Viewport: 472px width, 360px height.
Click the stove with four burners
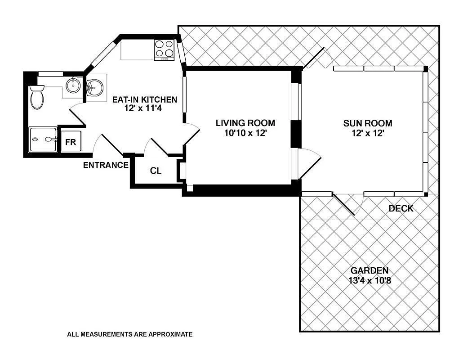[x=165, y=50]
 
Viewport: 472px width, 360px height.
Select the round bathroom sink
[x=72, y=85]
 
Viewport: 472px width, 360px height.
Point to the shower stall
[x=43, y=139]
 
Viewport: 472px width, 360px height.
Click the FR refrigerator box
[x=71, y=143]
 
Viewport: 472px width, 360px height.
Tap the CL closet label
[x=156, y=171]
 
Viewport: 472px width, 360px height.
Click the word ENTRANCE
[x=106, y=165]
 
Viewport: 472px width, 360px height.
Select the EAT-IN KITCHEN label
[x=144, y=99]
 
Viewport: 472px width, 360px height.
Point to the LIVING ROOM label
[x=245, y=123]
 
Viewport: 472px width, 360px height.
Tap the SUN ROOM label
[x=368, y=123]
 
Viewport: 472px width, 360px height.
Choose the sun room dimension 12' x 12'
[x=368, y=133]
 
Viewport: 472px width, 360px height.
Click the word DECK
[x=401, y=209]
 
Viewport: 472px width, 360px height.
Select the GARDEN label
[x=369, y=270]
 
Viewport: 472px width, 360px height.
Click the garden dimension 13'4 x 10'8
[x=369, y=280]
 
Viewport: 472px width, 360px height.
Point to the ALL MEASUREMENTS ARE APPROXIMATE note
[x=129, y=334]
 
